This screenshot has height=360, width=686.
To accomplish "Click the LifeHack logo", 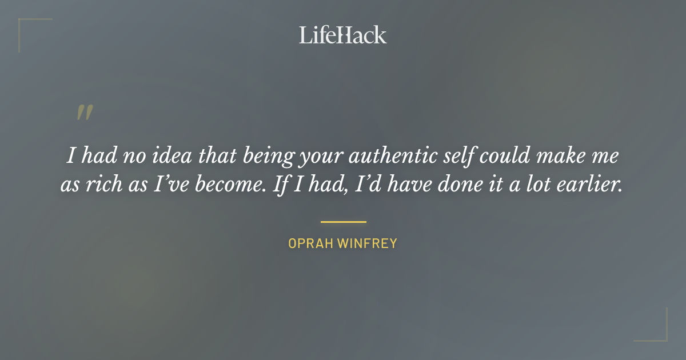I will (342, 35).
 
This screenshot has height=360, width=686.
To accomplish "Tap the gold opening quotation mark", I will (84, 113).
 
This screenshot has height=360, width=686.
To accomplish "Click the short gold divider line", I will (343, 222).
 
